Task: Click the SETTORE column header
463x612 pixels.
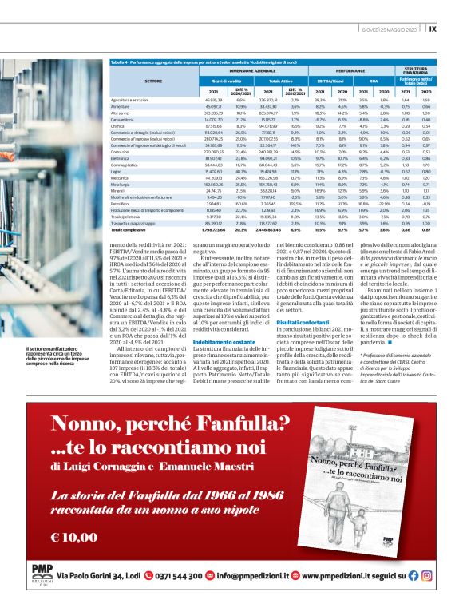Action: click(152, 81)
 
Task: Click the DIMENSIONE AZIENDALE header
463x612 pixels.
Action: click(235, 71)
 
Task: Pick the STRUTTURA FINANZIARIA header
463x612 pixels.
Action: click(416, 71)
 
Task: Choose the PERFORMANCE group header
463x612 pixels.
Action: click(344, 71)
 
